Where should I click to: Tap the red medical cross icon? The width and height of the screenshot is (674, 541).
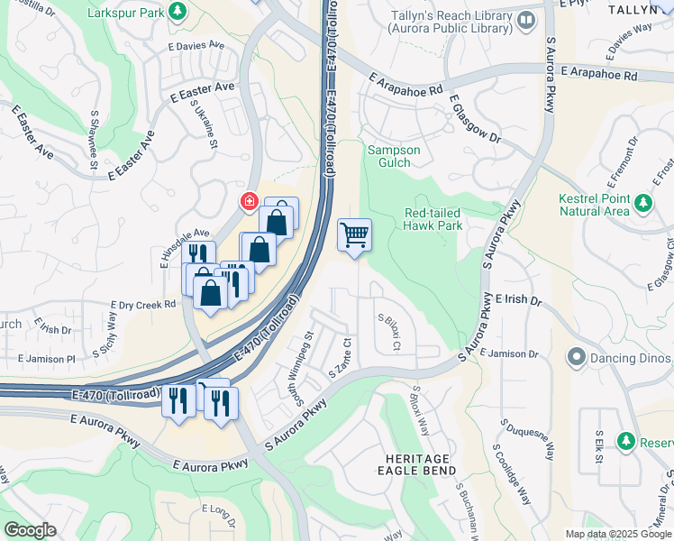(246, 201)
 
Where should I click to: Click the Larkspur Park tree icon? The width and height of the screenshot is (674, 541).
(179, 11)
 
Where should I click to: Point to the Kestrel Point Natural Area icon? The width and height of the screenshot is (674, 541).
(642, 200)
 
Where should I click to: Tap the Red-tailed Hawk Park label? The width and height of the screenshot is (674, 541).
(433, 219)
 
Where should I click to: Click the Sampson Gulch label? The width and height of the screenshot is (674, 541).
(394, 156)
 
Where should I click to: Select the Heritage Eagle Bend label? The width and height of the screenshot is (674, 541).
(415, 465)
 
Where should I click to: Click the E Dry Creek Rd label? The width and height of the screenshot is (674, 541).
(142, 305)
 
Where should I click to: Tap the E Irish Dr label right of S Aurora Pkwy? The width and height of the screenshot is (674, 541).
(518, 299)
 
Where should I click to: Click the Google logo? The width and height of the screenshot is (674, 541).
(31, 529)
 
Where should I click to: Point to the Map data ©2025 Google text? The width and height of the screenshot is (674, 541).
(617, 534)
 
